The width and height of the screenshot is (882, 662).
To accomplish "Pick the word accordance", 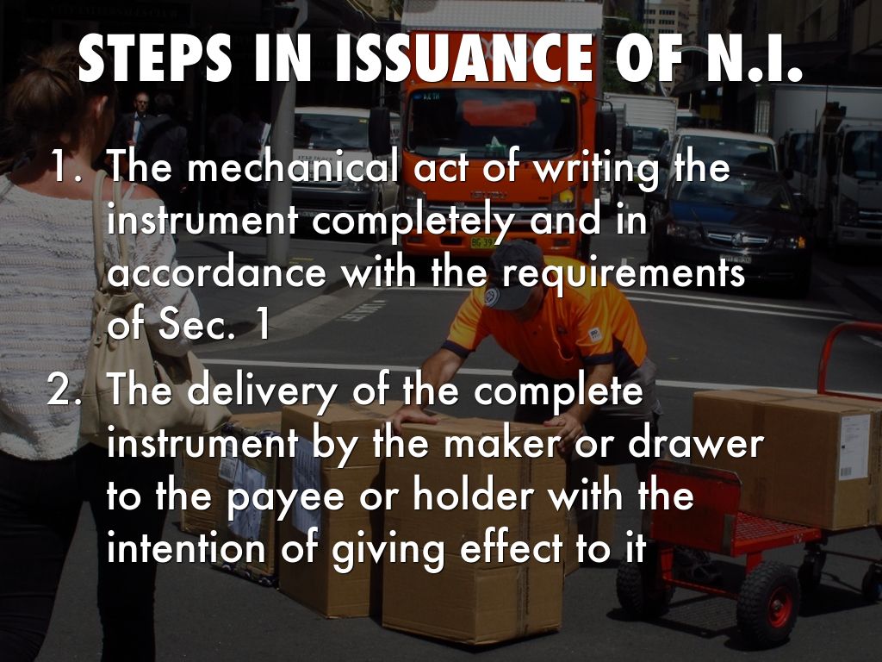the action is [217, 273].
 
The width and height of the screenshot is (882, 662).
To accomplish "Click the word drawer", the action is [696, 444].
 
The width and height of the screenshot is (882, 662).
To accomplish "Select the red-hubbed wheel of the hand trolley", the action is [767, 603].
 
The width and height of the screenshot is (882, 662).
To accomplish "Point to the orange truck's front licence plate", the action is [484, 242].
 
